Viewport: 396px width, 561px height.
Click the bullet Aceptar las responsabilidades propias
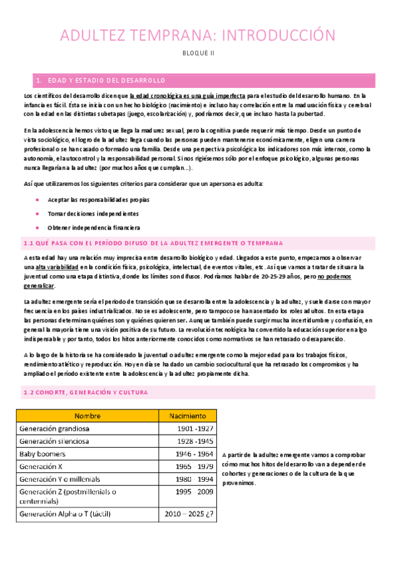tap(98, 199)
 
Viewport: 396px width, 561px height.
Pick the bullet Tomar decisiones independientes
tap(93, 214)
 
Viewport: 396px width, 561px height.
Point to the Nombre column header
tap(87, 415)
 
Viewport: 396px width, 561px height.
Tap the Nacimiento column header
tap(188, 415)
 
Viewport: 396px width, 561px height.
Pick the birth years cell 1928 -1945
tap(196, 441)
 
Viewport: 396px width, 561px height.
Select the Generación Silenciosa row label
tap(55, 441)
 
